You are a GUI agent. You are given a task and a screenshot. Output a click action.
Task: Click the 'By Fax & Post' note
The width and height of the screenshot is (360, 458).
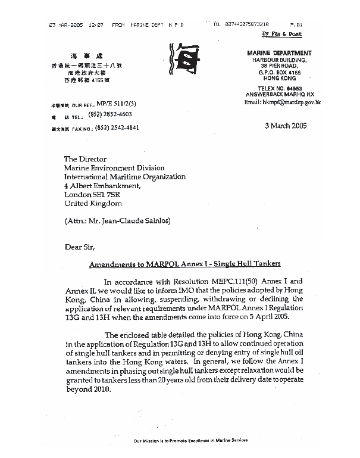click(x=287, y=35)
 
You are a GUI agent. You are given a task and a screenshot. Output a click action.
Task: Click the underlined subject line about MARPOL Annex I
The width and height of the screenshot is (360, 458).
click(x=185, y=263)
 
